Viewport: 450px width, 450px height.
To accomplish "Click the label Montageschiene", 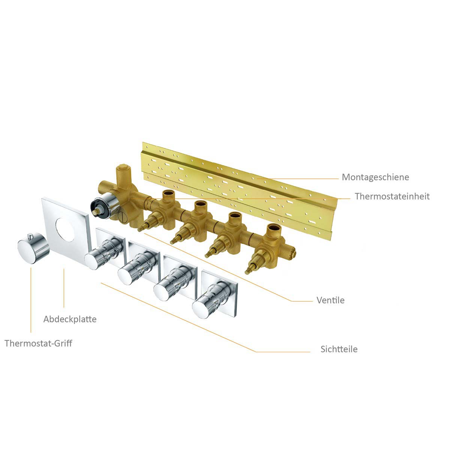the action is (x=375, y=177).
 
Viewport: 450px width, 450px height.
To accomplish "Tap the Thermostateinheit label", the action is (x=392, y=196).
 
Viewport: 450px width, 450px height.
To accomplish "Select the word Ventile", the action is (x=330, y=300).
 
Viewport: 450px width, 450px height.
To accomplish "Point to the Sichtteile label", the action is (x=339, y=349).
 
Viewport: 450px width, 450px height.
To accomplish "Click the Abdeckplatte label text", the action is (x=70, y=319).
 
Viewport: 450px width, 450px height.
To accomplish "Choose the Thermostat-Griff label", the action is (x=38, y=343).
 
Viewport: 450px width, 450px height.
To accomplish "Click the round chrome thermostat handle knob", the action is (x=33, y=249).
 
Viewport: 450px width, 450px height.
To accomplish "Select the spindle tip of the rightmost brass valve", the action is (x=247, y=271).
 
